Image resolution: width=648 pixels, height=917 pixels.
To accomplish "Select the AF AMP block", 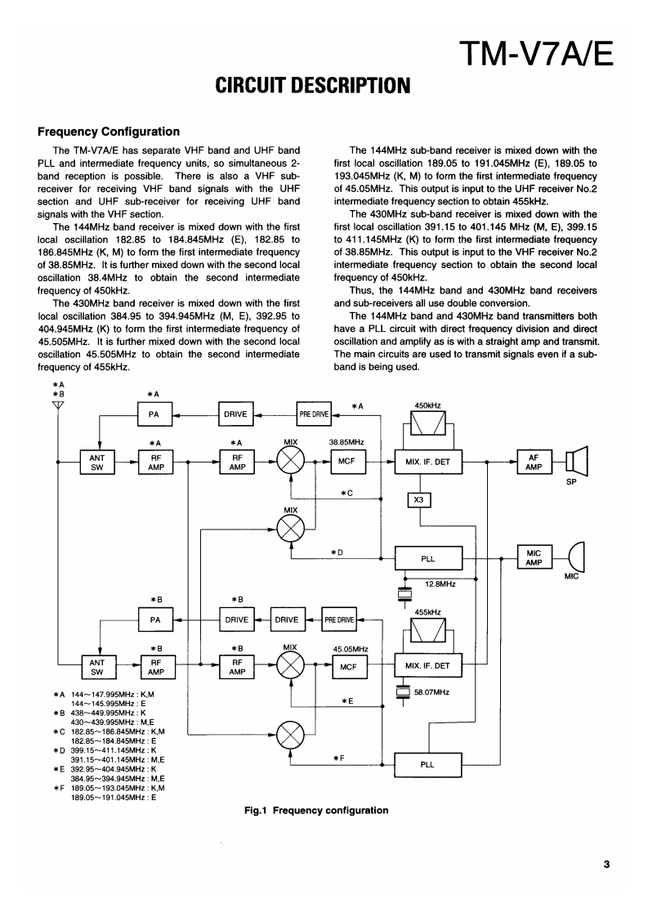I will (x=535, y=461).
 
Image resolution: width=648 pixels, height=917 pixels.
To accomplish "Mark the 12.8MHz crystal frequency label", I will (x=440, y=584).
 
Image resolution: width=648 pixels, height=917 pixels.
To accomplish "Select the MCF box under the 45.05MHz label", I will (x=346, y=667).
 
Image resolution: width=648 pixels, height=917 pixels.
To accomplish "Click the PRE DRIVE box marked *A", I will (x=314, y=414).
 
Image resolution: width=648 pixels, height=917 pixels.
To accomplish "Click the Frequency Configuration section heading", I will (x=109, y=131).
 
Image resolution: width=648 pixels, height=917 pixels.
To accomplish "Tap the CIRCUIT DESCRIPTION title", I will (x=311, y=84).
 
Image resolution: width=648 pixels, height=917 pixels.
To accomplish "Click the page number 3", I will (x=606, y=864).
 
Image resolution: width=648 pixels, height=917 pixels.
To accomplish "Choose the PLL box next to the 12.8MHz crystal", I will (x=427, y=559).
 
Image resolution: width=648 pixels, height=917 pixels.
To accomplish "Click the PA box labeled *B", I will (x=154, y=620).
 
